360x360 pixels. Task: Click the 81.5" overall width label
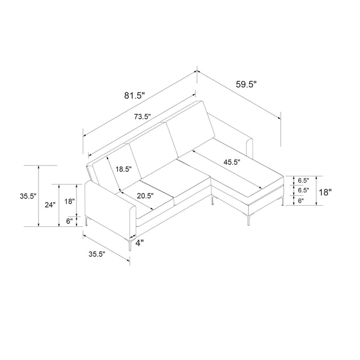click(x=135, y=96)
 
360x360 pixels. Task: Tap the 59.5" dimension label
click(x=246, y=84)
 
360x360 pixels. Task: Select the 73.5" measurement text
click(x=142, y=117)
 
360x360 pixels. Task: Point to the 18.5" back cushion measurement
click(x=123, y=169)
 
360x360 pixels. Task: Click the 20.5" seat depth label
click(x=146, y=196)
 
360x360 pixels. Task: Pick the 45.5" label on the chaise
click(x=232, y=162)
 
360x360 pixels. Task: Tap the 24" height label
click(x=50, y=205)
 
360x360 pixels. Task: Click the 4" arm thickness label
click(x=139, y=243)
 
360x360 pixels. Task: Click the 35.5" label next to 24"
click(x=28, y=196)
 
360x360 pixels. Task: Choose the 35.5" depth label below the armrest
click(x=97, y=254)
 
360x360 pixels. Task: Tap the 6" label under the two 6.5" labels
click(x=301, y=201)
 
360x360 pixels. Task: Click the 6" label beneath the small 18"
click(x=69, y=221)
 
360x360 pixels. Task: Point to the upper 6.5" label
click(x=303, y=181)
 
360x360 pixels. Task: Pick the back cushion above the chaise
click(x=190, y=129)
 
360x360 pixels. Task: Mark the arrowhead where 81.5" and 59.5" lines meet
click(x=197, y=71)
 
